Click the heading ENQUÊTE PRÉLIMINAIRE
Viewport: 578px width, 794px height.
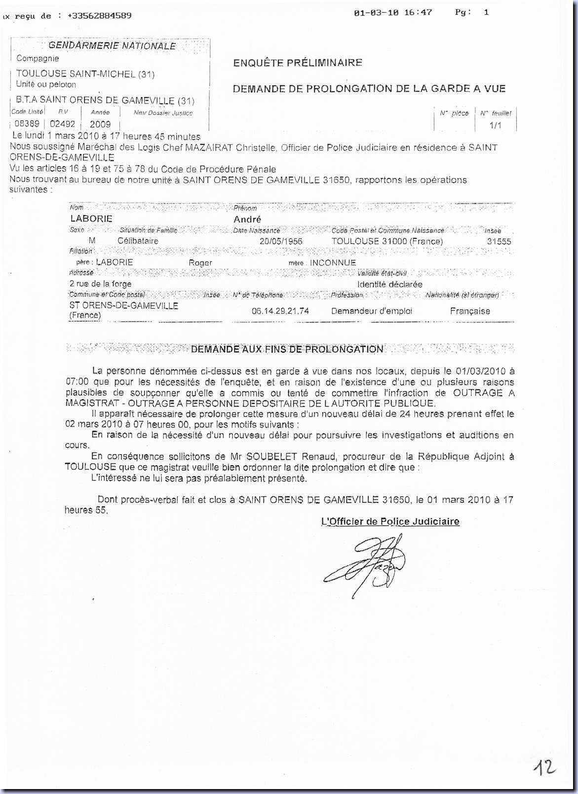point(298,63)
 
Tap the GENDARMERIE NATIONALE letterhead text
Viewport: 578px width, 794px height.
point(112,46)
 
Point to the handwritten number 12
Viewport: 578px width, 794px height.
point(544,767)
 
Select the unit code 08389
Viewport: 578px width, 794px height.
point(27,124)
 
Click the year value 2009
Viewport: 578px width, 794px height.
point(100,124)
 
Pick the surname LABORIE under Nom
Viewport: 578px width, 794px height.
point(91,218)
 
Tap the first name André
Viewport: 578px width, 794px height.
point(247,219)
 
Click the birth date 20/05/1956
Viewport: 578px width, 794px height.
point(281,241)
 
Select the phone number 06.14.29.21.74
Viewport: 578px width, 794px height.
point(280,311)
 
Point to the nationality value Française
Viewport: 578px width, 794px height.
point(470,311)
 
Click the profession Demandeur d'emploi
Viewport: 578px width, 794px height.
point(372,311)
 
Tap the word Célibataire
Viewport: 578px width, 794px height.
point(138,241)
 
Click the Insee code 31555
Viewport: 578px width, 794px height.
point(499,241)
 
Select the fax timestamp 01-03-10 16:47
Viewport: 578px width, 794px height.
point(393,12)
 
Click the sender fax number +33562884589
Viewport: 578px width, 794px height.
point(99,15)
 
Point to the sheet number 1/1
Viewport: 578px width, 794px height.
point(495,125)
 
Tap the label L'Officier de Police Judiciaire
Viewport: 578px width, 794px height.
point(390,521)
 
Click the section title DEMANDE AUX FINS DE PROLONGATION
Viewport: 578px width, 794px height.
point(287,349)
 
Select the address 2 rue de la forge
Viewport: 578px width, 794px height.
point(101,284)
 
